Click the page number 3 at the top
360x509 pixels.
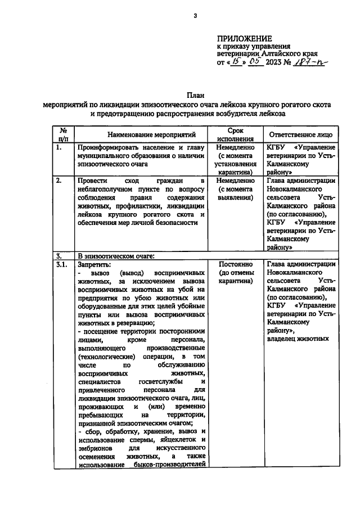[195, 15]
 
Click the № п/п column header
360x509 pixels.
[64, 135]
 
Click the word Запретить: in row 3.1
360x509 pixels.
[95, 264]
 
